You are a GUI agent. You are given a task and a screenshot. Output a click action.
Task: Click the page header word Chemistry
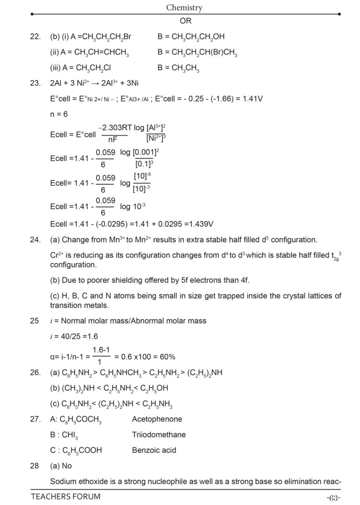coord(184,7)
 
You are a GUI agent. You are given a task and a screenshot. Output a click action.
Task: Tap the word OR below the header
coord(185,21)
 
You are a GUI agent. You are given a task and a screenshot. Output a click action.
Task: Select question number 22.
coord(36,37)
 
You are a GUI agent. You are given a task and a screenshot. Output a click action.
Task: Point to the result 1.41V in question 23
coord(252,99)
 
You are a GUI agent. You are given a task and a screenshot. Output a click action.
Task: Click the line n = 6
coord(59,114)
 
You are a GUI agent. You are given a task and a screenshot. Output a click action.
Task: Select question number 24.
coord(36,240)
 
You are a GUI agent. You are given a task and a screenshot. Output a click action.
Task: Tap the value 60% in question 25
coord(166,356)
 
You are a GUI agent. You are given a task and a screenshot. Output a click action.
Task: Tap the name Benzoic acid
coord(154,450)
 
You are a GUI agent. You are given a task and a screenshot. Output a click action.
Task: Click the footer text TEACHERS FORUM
coord(66,497)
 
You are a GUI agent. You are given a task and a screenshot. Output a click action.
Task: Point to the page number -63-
coord(333,497)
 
